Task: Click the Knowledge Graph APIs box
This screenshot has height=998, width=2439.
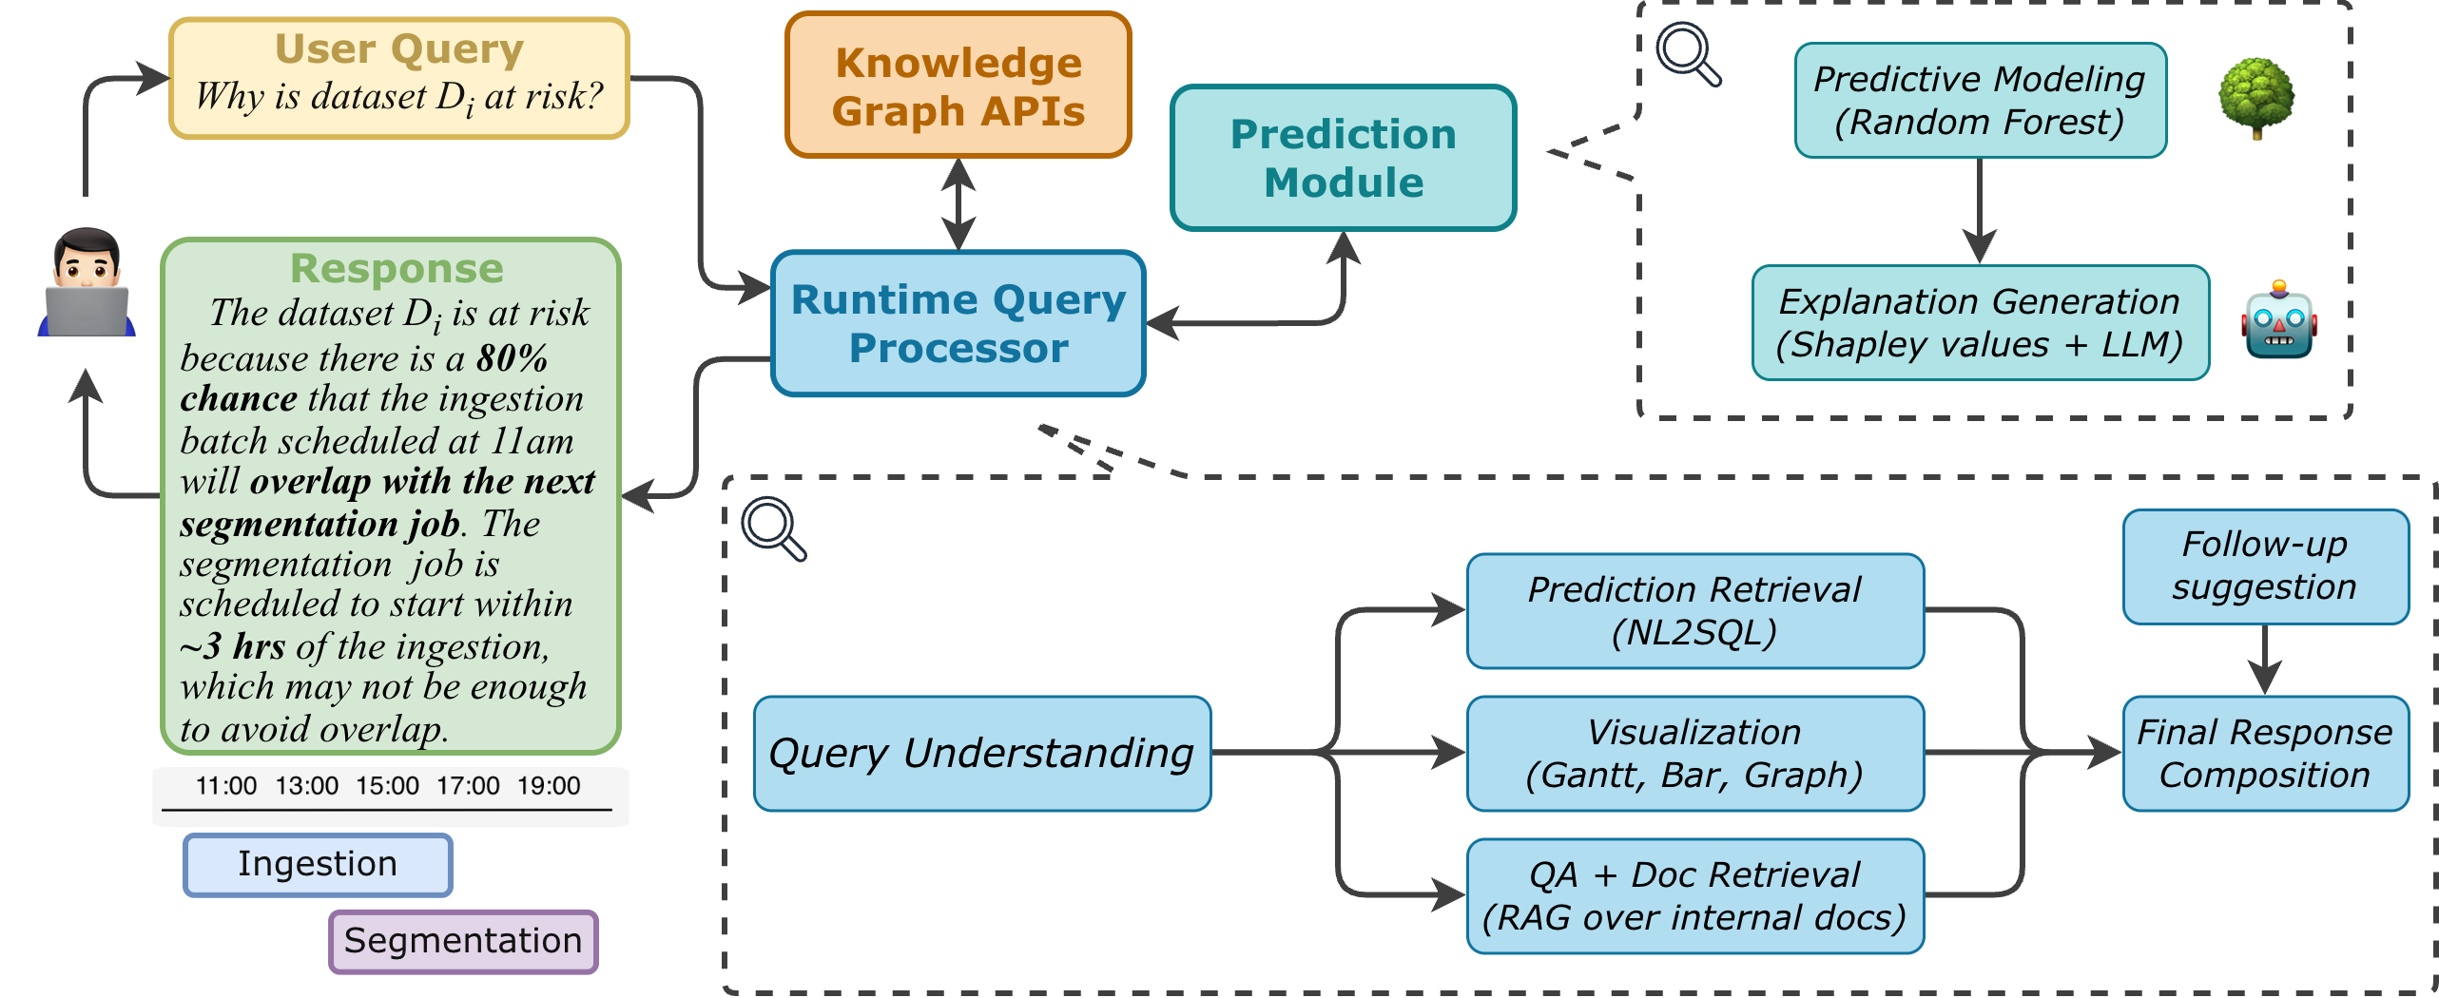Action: pos(958,86)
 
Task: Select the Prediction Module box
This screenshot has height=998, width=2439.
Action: pos(1343,158)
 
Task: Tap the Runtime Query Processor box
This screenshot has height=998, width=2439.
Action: pos(958,323)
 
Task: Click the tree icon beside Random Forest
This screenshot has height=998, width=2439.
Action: pos(2255,98)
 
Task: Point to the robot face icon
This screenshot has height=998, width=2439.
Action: pos(2279,320)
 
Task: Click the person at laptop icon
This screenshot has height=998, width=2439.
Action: pos(87,282)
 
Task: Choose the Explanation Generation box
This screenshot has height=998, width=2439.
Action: pos(1980,322)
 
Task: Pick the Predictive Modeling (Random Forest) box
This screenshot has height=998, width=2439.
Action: pos(1980,100)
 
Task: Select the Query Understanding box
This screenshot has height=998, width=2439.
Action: pos(981,753)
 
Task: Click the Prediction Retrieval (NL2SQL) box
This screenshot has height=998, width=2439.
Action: pos(1694,610)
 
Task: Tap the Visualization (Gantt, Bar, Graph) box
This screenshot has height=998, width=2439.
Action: pos(1694,753)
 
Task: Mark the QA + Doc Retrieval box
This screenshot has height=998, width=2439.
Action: pos(1694,895)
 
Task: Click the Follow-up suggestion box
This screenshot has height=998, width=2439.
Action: pos(2265,566)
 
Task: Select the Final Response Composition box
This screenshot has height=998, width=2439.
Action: pos(2265,753)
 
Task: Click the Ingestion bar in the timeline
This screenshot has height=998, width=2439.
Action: pos(318,864)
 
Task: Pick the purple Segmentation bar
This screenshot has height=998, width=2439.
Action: pos(463,941)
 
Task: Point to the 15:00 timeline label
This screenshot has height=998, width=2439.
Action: pos(387,786)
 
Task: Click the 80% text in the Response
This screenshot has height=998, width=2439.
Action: pos(513,358)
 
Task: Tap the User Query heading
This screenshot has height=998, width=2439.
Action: pos(399,48)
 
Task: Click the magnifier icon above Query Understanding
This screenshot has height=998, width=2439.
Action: pos(772,528)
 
